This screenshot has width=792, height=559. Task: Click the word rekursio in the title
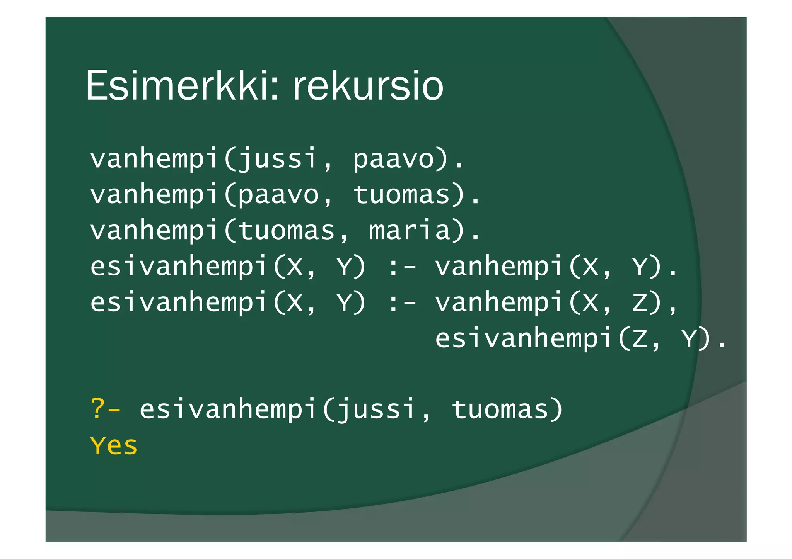[x=367, y=86]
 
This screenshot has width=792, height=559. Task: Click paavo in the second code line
[x=278, y=195]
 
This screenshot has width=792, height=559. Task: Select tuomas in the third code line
[x=286, y=230]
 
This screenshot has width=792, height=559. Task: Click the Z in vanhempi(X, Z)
[x=640, y=302]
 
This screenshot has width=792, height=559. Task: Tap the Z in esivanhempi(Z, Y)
[x=640, y=339]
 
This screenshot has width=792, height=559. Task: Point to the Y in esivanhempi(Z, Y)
[x=689, y=339]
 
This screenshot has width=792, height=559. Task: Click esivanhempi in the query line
[x=228, y=409]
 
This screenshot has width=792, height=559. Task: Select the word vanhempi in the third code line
[x=154, y=231]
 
